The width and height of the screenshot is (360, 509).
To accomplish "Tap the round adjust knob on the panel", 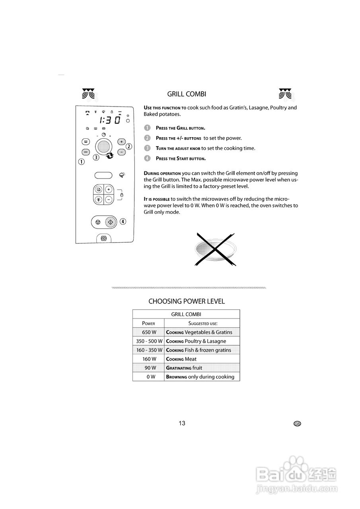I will (x=103, y=146).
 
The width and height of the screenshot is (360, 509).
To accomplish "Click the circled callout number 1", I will (x=82, y=161).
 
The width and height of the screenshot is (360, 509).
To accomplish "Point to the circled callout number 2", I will (x=129, y=146).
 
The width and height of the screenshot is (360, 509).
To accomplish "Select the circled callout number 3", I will (x=96, y=157).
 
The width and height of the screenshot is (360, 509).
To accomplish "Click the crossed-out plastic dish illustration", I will (x=215, y=249).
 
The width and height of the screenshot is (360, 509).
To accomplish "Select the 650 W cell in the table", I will (x=149, y=332).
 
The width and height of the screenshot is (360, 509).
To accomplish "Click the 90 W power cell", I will (x=149, y=368).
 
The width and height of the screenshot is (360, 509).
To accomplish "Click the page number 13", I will (x=182, y=423).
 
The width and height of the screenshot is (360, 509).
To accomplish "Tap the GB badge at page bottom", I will (x=297, y=424).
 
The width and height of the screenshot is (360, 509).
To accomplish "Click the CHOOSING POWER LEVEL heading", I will (x=187, y=301).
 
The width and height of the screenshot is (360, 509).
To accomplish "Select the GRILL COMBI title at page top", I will (x=187, y=94).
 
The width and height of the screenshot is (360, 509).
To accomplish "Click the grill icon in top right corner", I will (x=285, y=93).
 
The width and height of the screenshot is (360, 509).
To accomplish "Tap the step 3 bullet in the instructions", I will (x=147, y=148).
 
